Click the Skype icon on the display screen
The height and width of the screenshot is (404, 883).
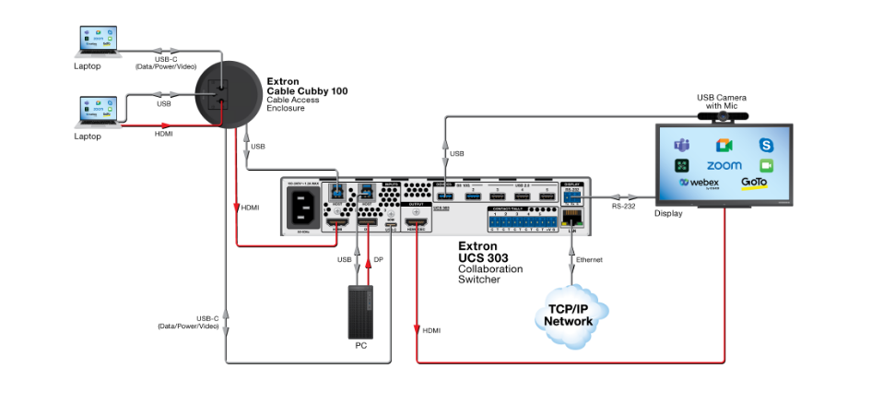[x=766, y=145]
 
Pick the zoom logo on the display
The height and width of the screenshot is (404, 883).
[x=724, y=165]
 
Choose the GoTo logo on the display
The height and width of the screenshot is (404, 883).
[x=754, y=183]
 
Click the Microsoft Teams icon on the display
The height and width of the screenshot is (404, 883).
[x=682, y=145]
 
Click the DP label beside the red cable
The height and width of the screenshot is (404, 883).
[x=378, y=260]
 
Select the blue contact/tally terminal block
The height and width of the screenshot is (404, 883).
[x=524, y=222]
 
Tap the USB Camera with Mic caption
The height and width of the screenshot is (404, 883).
[x=722, y=101]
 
